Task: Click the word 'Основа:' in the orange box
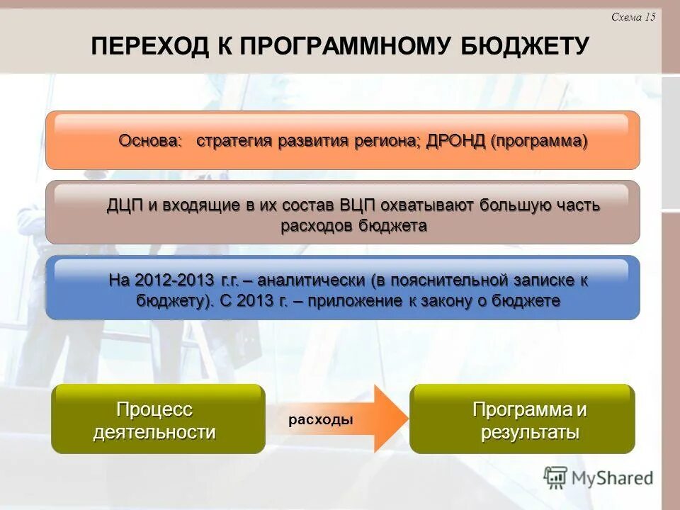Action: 150,140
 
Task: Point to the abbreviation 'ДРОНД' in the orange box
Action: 455,140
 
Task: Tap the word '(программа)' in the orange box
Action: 538,140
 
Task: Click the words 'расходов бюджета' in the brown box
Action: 353,226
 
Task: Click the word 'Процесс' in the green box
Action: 154,409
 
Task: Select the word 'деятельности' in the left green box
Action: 154,432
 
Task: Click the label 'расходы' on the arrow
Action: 321,419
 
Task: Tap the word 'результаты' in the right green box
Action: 530,432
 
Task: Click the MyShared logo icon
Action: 556,477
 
